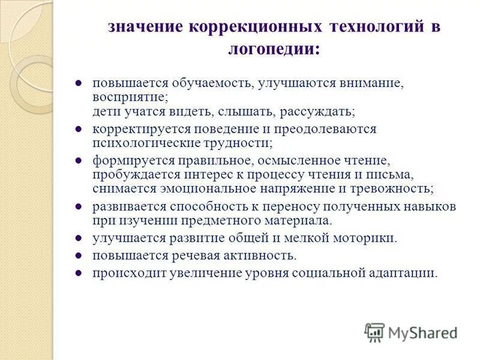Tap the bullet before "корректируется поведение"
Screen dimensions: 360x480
pyautogui.click(x=78, y=128)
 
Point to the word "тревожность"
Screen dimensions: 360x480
pyautogui.click(x=397, y=188)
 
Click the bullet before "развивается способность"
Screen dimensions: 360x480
pyautogui.click(x=78, y=206)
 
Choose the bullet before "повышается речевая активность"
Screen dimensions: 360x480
pyautogui.click(x=78, y=256)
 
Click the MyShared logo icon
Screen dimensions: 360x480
pyautogui.click(x=374, y=332)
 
